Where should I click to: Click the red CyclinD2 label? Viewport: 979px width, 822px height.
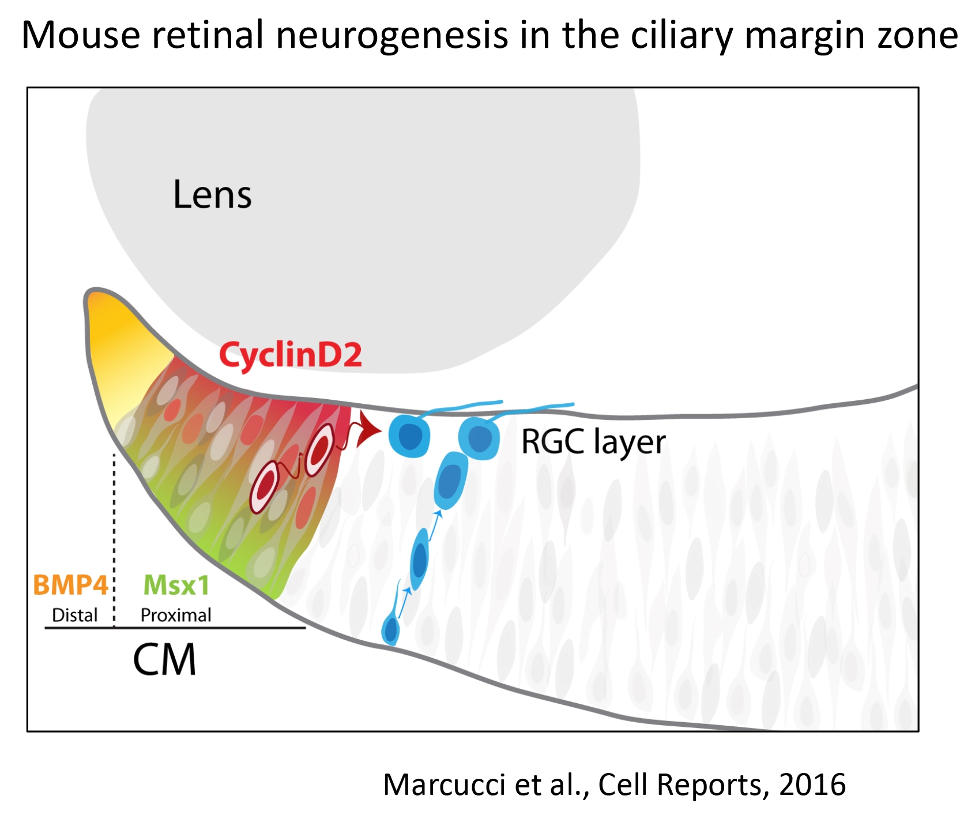click(x=291, y=354)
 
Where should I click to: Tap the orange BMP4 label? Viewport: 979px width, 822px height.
click(x=70, y=585)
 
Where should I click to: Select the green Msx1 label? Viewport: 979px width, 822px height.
click(x=176, y=585)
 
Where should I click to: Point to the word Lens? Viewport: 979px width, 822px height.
click(x=212, y=194)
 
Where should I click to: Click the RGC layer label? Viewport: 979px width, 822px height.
click(x=593, y=442)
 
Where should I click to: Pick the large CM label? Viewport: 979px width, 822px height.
click(x=165, y=660)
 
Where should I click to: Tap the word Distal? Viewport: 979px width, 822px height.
click(x=75, y=615)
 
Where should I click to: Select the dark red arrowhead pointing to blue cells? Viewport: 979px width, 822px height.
click(x=368, y=429)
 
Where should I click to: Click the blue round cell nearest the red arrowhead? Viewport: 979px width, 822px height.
click(x=409, y=436)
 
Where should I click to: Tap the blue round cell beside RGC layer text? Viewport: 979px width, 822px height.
click(x=479, y=439)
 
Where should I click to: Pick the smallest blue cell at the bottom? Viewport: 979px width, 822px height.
click(x=391, y=630)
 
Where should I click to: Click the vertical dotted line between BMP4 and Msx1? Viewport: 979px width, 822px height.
click(x=114, y=540)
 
